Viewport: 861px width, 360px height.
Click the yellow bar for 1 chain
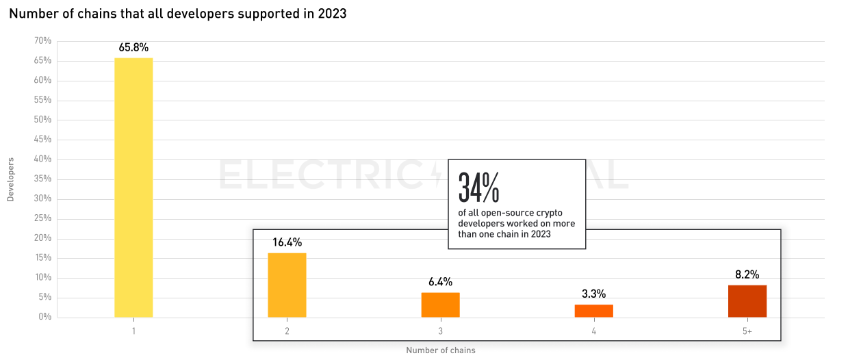(x=133, y=188)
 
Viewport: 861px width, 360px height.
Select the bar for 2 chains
(x=287, y=285)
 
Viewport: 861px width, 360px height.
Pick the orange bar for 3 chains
(x=440, y=305)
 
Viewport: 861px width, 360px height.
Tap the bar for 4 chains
(x=593, y=311)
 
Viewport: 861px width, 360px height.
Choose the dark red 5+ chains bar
(x=747, y=301)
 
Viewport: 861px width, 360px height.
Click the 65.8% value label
(x=133, y=48)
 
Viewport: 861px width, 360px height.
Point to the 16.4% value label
(x=287, y=242)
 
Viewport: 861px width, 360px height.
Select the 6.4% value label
(x=440, y=282)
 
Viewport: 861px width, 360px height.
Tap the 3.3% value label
(x=593, y=294)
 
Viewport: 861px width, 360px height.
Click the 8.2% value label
(x=747, y=274)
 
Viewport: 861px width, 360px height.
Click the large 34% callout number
(x=478, y=187)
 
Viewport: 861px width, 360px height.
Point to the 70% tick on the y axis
(x=42, y=41)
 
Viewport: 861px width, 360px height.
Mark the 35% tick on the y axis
(x=42, y=179)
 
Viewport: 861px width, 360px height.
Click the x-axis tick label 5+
(x=747, y=331)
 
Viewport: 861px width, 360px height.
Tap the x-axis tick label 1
(x=133, y=331)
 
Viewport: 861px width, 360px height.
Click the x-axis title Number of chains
(x=440, y=350)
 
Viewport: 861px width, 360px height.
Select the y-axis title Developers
(x=10, y=179)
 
